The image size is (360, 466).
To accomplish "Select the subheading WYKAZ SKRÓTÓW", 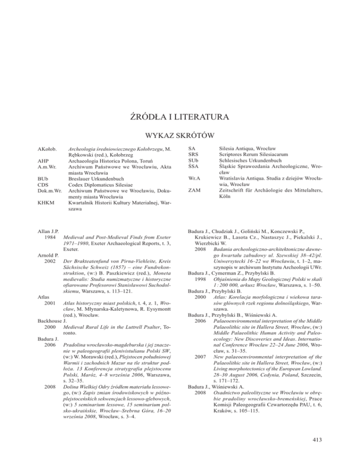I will point(180,136).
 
